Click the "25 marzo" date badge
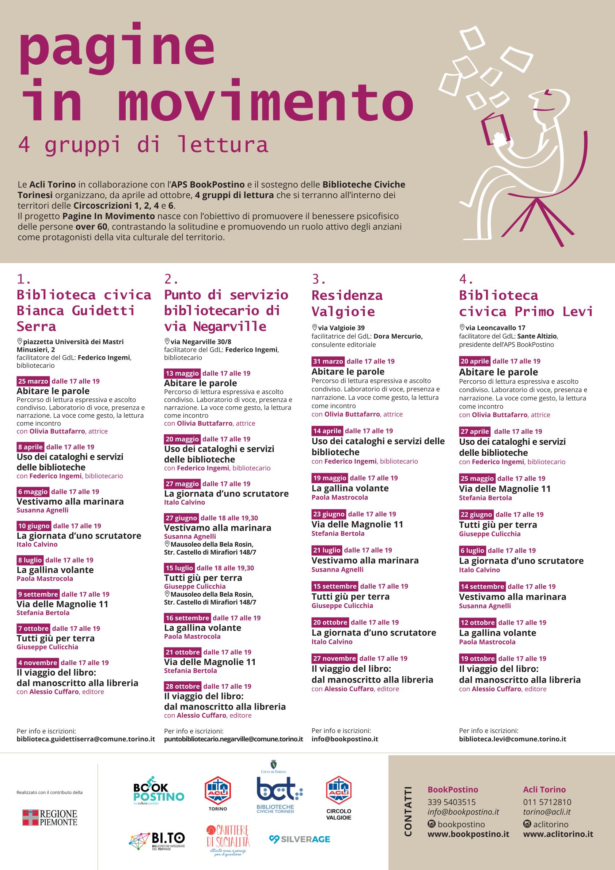coord(33,381)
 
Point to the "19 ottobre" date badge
coord(478,658)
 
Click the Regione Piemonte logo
coord(50,818)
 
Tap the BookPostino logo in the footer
coord(158,791)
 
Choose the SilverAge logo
coord(299,839)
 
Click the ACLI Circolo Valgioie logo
coord(339,798)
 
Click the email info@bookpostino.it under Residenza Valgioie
coord(345,739)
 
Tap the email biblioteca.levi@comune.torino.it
coord(512,739)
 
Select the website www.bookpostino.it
coord(468,834)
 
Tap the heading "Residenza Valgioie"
coord(347,303)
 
